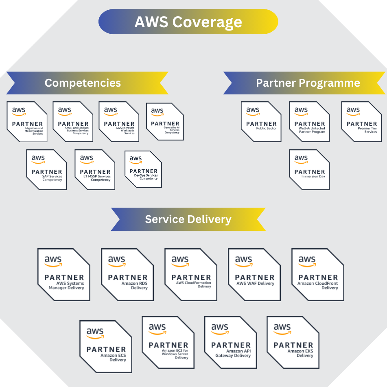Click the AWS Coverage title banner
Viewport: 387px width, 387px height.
click(188, 22)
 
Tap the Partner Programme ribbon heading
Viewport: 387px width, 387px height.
click(307, 83)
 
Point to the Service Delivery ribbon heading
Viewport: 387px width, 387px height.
click(188, 219)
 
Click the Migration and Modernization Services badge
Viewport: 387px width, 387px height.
click(27, 121)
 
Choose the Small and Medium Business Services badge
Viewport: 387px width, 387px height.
click(73, 121)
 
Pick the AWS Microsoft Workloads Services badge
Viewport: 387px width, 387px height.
click(119, 121)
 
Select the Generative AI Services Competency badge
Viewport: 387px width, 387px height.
click(165, 121)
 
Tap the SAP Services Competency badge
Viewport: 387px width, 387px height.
click(46, 169)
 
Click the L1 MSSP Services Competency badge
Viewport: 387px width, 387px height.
click(95, 169)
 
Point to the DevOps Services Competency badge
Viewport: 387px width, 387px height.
click(143, 169)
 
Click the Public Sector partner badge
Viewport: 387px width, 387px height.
click(261, 121)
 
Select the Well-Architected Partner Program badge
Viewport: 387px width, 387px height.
click(309, 121)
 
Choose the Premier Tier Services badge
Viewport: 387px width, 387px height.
click(361, 121)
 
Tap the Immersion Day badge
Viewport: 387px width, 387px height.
click(309, 169)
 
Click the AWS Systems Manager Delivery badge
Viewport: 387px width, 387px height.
click(64, 274)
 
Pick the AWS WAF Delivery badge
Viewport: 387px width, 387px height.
click(254, 274)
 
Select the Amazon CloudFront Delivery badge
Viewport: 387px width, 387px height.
click(318, 274)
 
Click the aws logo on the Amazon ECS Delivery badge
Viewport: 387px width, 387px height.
click(95, 333)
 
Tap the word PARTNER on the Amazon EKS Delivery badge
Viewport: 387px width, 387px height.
click(293, 345)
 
